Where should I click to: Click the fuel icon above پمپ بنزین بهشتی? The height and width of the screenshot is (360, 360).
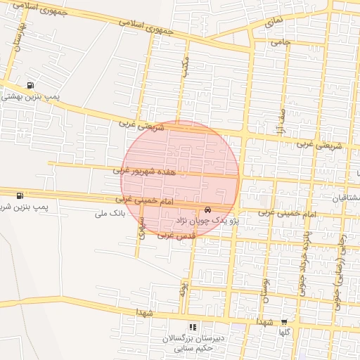(x=29, y=86)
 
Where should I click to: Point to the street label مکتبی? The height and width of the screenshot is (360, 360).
(x=185, y=69)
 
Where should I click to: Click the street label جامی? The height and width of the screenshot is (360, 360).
(x=281, y=42)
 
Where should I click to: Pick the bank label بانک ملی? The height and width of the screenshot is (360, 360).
(x=110, y=212)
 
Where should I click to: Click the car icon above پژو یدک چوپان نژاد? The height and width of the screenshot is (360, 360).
(x=207, y=210)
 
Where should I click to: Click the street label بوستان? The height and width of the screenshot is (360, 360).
(x=266, y=287)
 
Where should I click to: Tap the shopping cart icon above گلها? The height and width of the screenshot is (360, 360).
(x=285, y=320)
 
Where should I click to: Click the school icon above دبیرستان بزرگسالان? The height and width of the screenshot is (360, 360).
(x=193, y=327)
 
